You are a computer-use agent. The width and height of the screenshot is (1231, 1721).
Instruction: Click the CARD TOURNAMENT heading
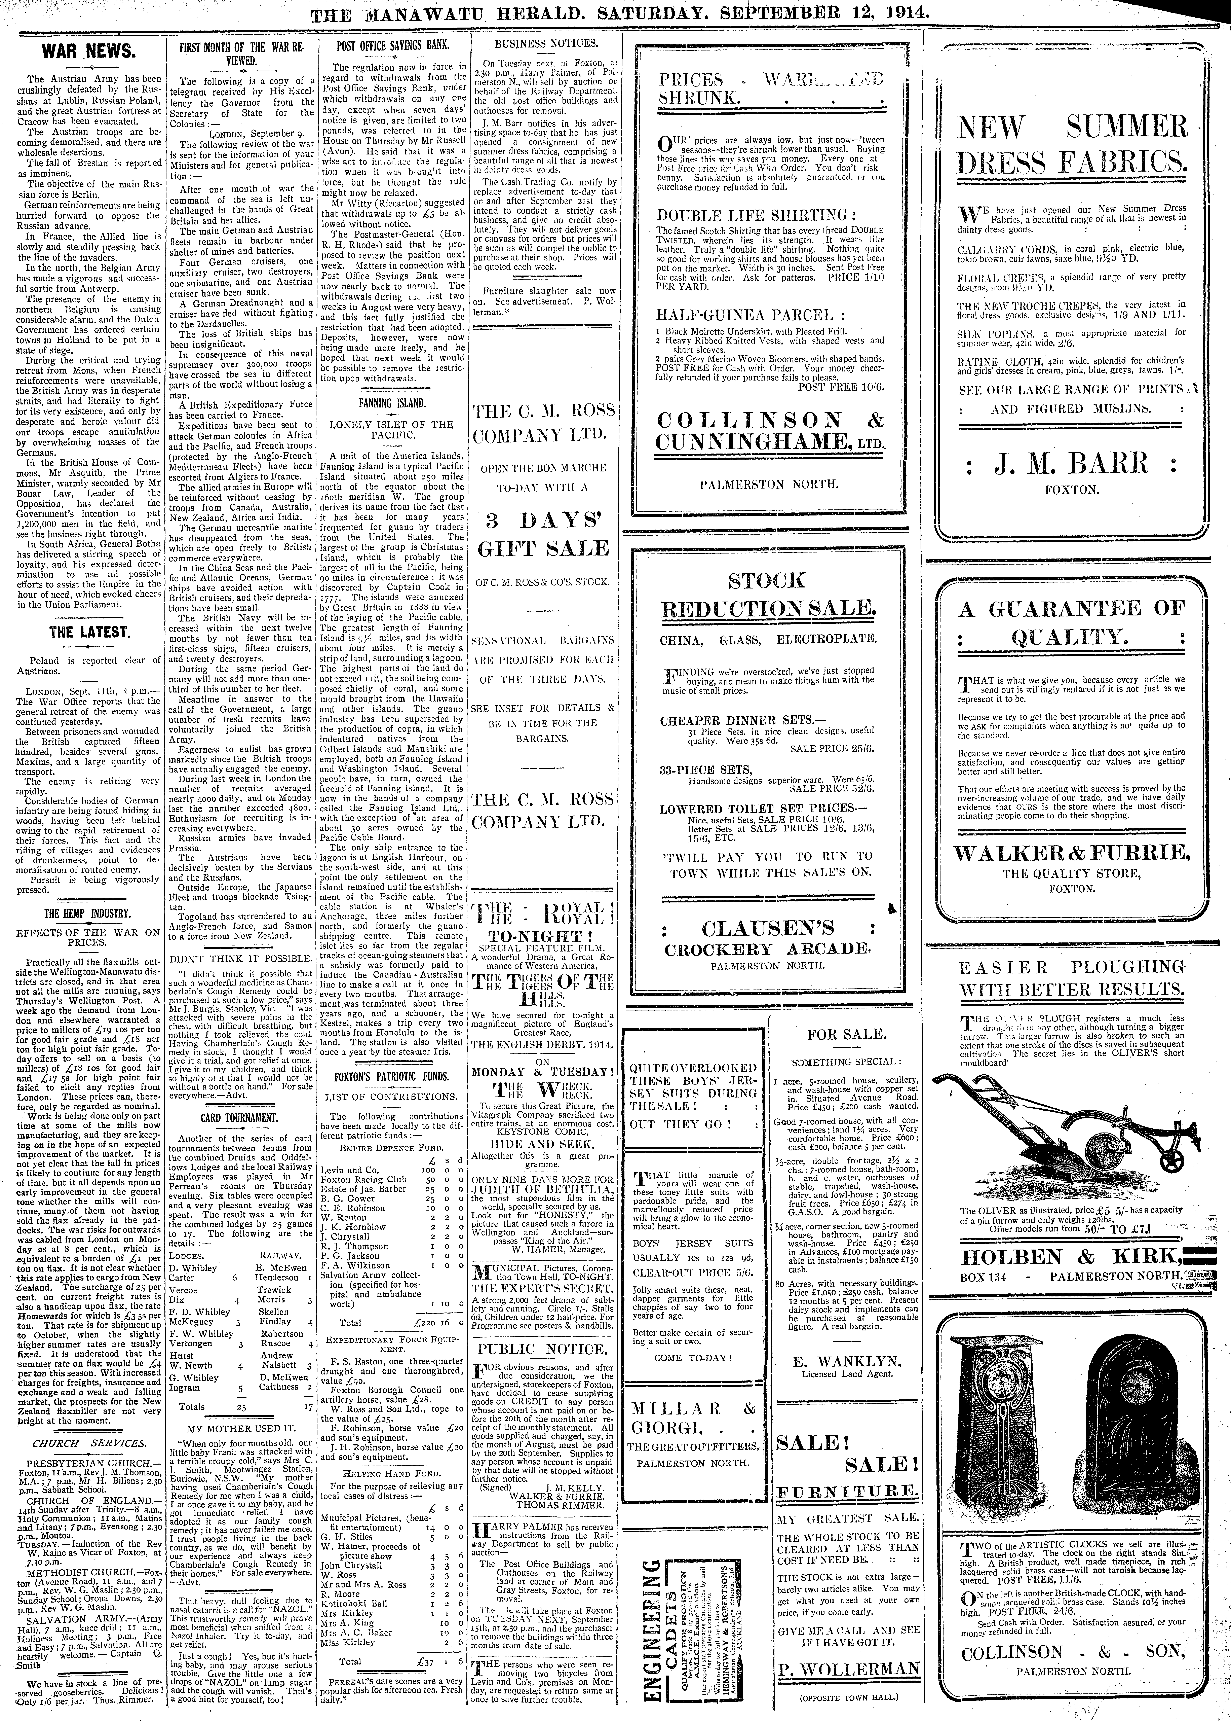pos(239,1117)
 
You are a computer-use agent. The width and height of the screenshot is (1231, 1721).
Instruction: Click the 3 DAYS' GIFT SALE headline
pos(543,535)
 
